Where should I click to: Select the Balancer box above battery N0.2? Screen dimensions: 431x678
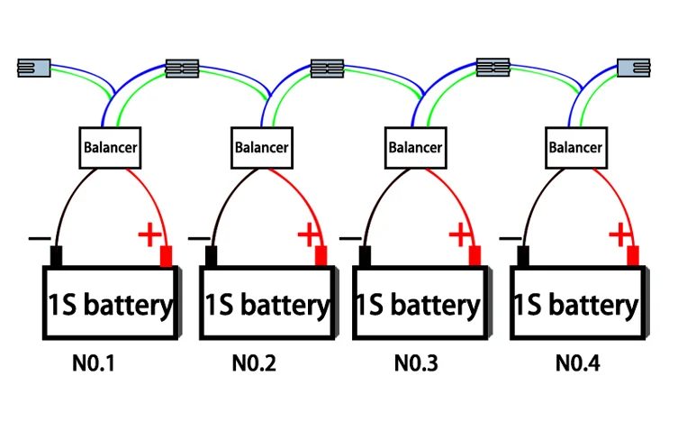tap(262, 146)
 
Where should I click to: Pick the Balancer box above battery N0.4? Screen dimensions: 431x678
tap(575, 146)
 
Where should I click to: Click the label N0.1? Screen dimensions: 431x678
tap(94, 365)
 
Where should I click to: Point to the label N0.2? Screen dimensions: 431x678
tap(254, 365)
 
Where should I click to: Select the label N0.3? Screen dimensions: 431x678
tap(416, 365)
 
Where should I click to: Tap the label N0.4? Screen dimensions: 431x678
tap(577, 365)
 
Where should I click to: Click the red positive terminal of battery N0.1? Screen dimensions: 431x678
tap(166, 256)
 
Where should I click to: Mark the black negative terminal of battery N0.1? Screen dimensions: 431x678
tap(56, 256)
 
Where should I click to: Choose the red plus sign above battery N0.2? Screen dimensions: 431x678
tap(308, 235)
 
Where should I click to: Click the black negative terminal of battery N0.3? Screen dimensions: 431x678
tap(366, 256)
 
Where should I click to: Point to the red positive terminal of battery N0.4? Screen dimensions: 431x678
tap(633, 256)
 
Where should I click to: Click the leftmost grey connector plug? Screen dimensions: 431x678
tap(34, 67)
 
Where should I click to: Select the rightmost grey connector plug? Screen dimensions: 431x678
tap(633, 68)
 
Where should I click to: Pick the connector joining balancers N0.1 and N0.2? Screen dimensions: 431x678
tap(183, 68)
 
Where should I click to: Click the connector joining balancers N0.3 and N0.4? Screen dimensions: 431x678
tap(493, 66)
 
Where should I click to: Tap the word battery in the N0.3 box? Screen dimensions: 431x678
tap(433, 306)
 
